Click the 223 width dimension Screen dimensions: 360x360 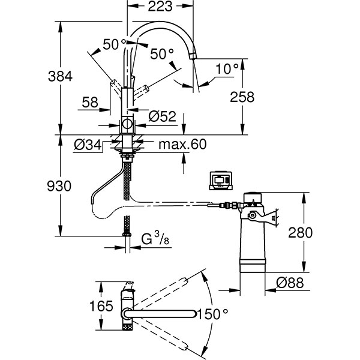(x=160, y=6)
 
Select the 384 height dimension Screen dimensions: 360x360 (x=60, y=76)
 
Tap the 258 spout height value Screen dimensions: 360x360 (x=242, y=97)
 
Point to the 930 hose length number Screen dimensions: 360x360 (x=59, y=186)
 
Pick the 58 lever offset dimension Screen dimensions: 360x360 (x=90, y=102)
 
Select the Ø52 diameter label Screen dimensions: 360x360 (x=162, y=116)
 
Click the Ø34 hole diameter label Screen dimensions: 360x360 (x=88, y=145)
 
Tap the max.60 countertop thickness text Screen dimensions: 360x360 (x=182, y=144)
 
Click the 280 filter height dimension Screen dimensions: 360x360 (x=301, y=232)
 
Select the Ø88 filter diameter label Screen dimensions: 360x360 (x=290, y=283)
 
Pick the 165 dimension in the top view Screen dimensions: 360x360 (x=101, y=306)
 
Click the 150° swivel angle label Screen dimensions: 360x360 (x=212, y=314)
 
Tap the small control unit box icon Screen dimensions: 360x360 (x=221, y=181)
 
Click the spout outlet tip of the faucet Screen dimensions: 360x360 (x=193, y=56)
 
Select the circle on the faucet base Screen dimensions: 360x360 (x=127, y=124)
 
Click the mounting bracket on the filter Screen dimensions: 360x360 (x=263, y=217)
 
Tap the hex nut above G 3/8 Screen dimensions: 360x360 (x=127, y=235)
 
